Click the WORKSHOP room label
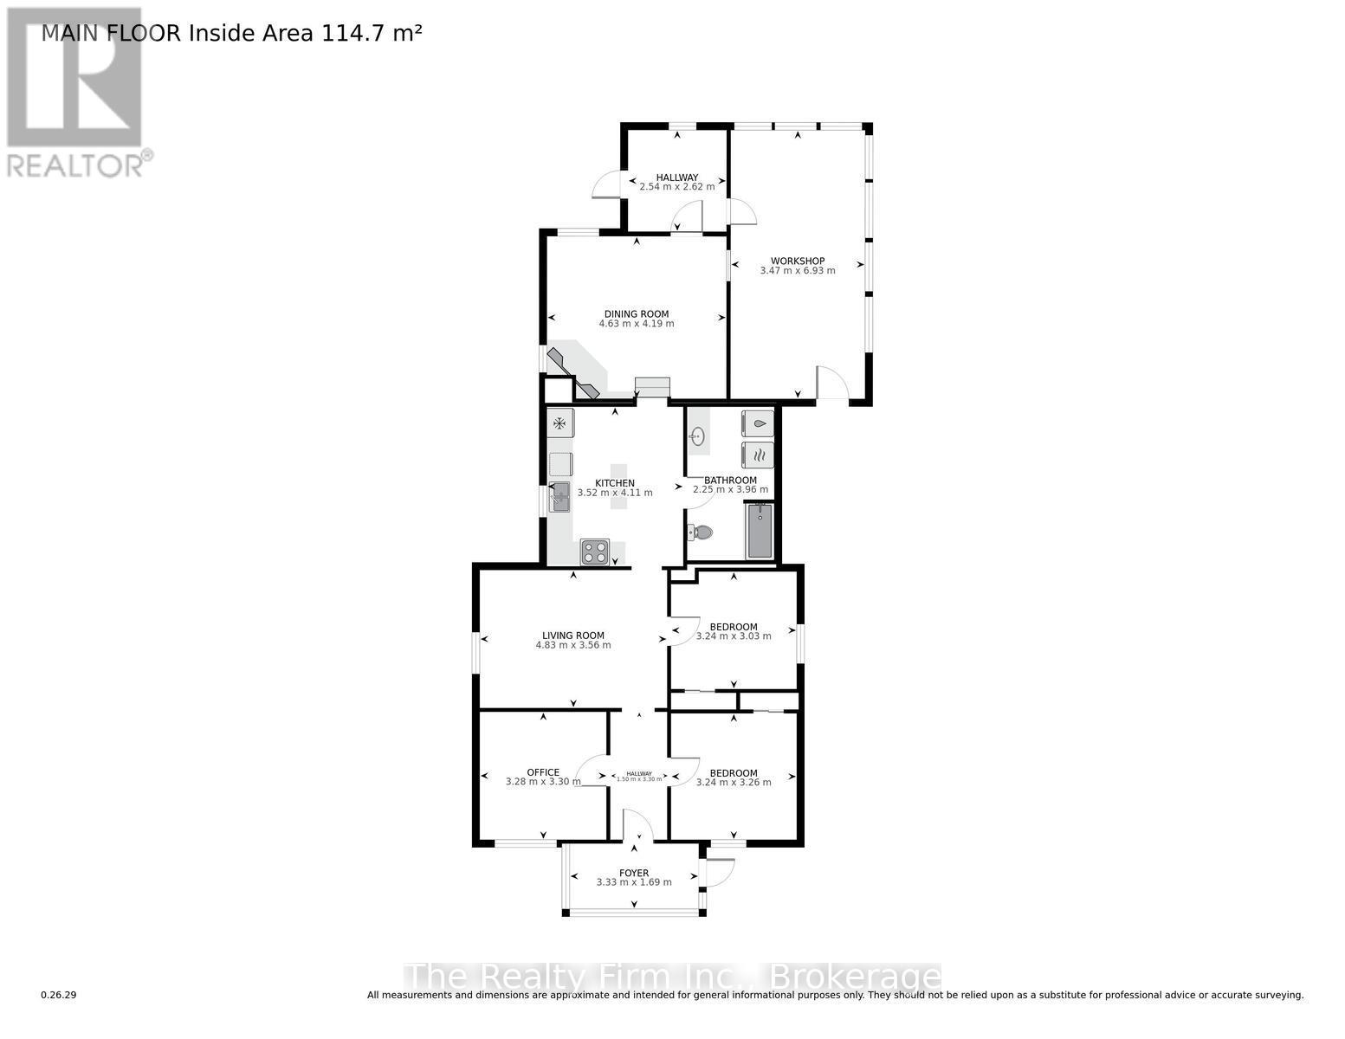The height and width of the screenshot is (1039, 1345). (798, 261)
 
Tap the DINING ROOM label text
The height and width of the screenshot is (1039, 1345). (637, 314)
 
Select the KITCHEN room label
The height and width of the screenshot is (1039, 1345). (615, 483)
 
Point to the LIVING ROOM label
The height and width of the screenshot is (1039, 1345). (573, 636)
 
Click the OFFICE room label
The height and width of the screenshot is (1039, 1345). (543, 772)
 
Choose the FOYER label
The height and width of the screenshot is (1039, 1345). (634, 873)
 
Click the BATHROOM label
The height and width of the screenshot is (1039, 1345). (730, 481)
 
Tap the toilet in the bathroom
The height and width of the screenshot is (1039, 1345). (700, 532)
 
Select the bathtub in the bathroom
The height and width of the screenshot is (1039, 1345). (760, 531)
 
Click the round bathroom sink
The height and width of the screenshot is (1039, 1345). (698, 436)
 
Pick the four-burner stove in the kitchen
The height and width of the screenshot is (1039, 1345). (595, 552)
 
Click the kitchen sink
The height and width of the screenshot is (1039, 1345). (560, 496)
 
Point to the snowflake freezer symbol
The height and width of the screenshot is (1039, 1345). (560, 423)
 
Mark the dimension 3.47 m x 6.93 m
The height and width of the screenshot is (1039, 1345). (798, 271)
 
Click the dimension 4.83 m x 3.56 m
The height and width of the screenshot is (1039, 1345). (573, 645)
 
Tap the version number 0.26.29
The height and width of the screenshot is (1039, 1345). (59, 995)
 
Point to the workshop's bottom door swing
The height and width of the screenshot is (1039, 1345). (831, 384)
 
